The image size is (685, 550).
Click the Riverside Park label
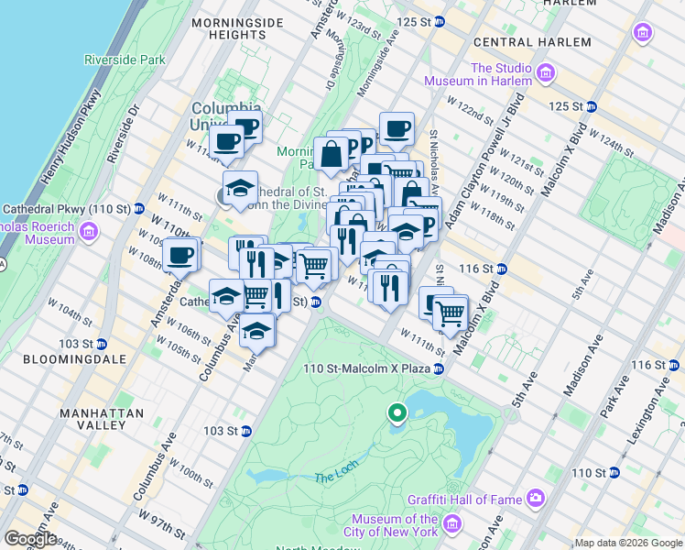[125, 60]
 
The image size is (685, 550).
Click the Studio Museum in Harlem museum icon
[546, 72]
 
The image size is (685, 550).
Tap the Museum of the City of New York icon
[451, 524]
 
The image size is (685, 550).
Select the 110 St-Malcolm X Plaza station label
[367, 368]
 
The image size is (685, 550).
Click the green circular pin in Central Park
[397, 414]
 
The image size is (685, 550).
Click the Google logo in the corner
[30, 539]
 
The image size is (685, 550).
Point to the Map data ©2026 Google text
[628, 543]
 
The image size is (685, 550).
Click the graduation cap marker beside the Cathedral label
[240, 188]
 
